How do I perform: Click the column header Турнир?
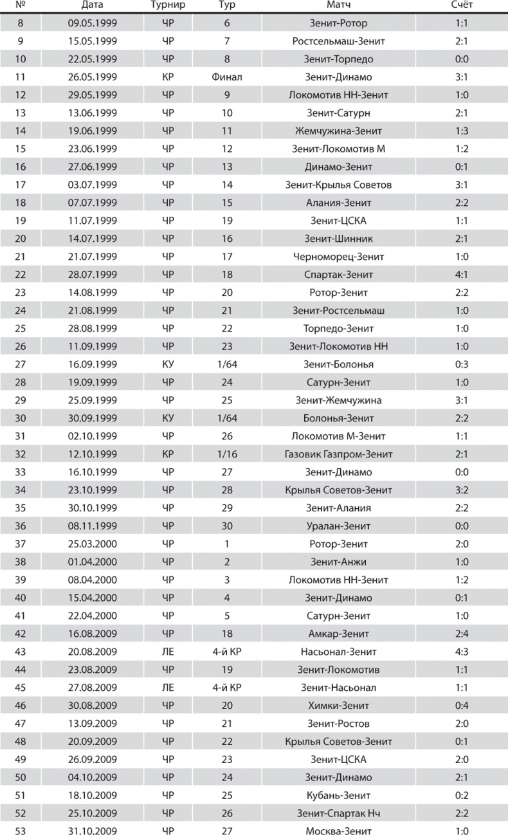tap(168, 6)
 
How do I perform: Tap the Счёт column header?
tap(461, 6)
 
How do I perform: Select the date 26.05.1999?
tap(93, 77)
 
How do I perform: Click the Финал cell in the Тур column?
tap(226, 77)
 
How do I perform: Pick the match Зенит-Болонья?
tap(338, 364)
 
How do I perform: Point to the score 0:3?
tap(461, 364)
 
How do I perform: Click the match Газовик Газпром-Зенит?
tap(338, 454)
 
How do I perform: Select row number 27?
tap(20, 364)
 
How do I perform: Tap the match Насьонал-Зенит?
tap(338, 652)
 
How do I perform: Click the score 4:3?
tap(461, 652)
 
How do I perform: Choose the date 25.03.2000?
tap(93, 544)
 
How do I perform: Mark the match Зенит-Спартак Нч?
tap(338, 813)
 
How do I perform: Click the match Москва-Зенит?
tap(338, 831)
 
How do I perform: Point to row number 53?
tap(20, 831)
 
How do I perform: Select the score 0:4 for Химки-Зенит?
tap(461, 706)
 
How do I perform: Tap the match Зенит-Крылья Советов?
tap(338, 185)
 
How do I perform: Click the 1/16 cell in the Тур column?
tap(226, 454)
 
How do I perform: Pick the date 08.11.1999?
tap(93, 526)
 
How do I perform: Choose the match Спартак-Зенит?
tap(338, 275)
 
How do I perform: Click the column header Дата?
tap(93, 6)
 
